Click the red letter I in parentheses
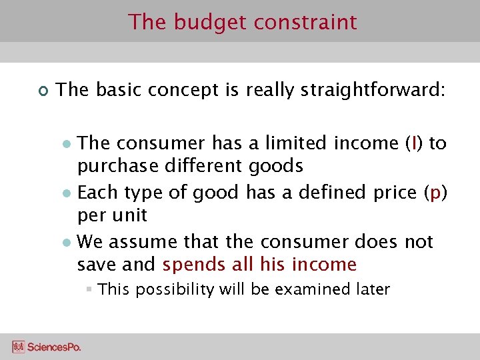tap(415, 143)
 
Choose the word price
tap(392, 193)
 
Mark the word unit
tap(130, 215)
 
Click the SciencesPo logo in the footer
tap(46, 347)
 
